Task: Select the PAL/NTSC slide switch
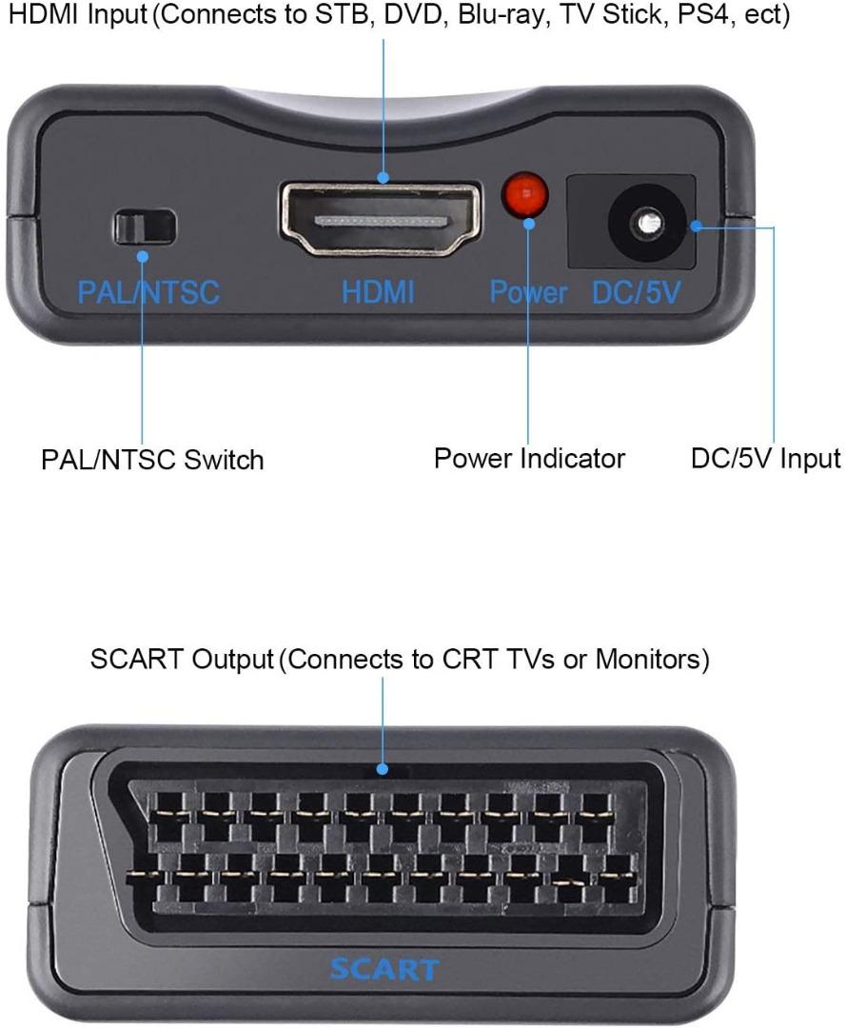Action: tap(144, 227)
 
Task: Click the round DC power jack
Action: tap(648, 224)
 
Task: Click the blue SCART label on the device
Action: tap(384, 969)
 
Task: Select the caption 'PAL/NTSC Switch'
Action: tap(152, 460)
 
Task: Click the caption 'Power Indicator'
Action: tap(529, 458)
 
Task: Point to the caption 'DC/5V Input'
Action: tap(766, 458)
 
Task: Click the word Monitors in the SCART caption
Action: tap(651, 660)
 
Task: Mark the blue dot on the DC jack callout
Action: tap(698, 227)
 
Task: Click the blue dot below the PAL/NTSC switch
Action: tap(142, 256)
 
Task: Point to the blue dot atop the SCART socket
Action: tap(383, 769)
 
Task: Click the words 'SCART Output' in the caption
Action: tap(181, 660)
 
